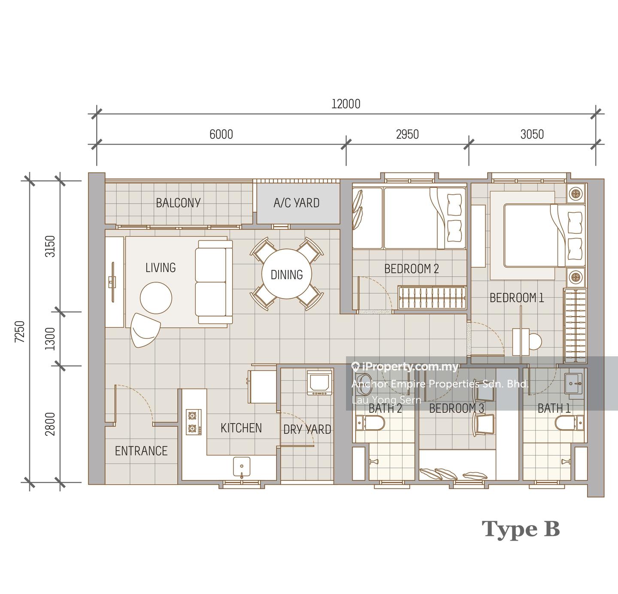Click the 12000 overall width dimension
coord(346,104)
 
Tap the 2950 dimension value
coord(407,135)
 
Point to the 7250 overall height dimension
coord(20,332)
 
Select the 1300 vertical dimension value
coord(50,339)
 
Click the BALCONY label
coord(178,203)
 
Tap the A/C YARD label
coord(297,203)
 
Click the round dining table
coord(286,274)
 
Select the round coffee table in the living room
coord(156,298)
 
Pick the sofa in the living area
coord(214,282)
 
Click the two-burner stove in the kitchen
coord(194,422)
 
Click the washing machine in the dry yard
coord(319,383)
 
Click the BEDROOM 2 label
coord(412,269)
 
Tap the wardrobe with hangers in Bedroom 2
coord(432,297)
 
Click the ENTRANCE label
coord(141,451)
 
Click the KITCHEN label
coord(241,428)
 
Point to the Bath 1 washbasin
coord(573,383)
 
